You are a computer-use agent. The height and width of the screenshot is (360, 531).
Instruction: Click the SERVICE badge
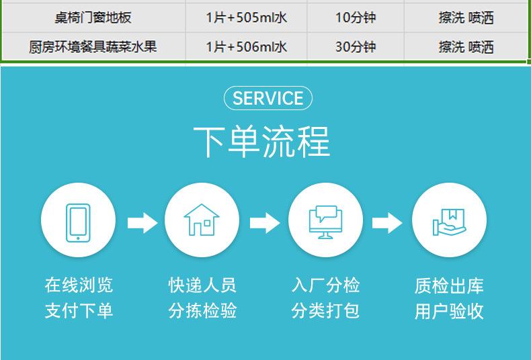(x=268, y=98)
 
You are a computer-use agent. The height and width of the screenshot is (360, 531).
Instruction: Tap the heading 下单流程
(x=261, y=142)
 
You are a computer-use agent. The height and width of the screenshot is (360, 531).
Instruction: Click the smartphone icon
(x=78, y=222)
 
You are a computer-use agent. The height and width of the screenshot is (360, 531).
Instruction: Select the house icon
(x=202, y=220)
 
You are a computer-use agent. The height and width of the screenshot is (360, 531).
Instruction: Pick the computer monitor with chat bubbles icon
(x=325, y=222)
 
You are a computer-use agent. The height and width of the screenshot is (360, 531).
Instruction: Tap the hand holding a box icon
(x=450, y=222)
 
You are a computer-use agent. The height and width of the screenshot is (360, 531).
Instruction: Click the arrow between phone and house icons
(x=142, y=223)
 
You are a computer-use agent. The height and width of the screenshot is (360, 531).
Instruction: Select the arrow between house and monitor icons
(x=265, y=223)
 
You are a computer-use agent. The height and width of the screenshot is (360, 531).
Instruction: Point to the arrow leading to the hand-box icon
(x=387, y=223)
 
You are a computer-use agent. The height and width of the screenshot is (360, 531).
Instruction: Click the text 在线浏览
(x=79, y=285)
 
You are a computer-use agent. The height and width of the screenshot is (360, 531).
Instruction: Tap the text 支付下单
(x=79, y=310)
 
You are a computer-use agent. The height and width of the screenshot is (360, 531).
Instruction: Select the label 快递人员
(x=202, y=285)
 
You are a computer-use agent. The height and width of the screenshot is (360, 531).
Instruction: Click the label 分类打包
(x=325, y=310)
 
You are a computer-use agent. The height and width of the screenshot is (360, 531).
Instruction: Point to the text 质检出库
(x=449, y=285)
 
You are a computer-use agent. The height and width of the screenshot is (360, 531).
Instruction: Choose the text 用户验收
(x=449, y=311)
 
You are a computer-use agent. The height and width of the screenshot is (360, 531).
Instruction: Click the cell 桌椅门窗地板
(x=93, y=17)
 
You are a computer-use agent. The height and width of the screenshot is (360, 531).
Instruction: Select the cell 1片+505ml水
(x=247, y=17)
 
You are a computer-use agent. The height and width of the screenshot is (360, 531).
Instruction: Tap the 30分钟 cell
(x=356, y=47)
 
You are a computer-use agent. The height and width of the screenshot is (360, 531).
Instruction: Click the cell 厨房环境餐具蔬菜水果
(x=93, y=47)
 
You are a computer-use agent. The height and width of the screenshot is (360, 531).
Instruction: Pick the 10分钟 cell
(x=356, y=17)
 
